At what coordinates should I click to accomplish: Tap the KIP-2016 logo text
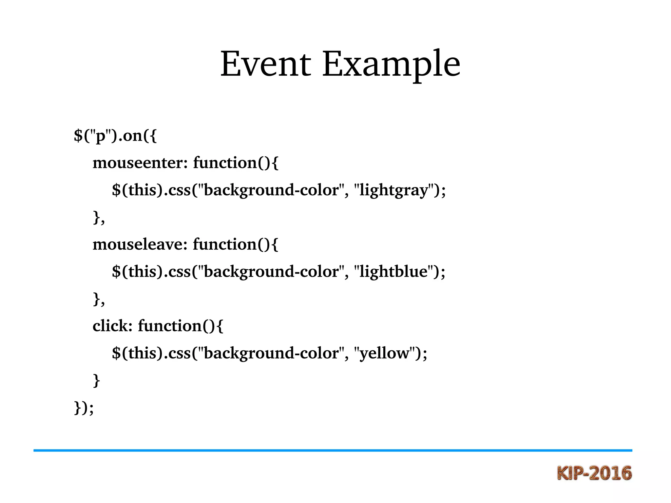pyautogui.click(x=594, y=473)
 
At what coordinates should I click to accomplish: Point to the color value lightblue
pyautogui.click(x=393, y=272)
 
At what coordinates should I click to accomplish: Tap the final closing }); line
pyautogui.click(x=84, y=408)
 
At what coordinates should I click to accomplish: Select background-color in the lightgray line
pyautogui.click(x=271, y=190)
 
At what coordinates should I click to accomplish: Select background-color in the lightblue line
pyautogui.click(x=271, y=272)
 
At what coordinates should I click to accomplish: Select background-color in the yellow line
pyautogui.click(x=271, y=353)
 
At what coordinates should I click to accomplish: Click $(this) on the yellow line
pyautogui.click(x=137, y=353)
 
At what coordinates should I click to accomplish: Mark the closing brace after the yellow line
pyautogui.click(x=96, y=380)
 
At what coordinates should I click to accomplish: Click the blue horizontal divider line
pyautogui.click(x=333, y=451)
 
